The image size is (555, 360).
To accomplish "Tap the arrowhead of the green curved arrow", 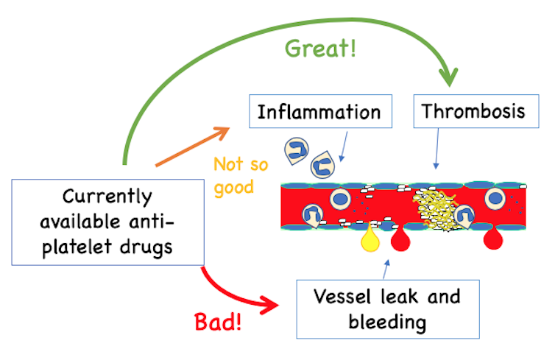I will coord(448,77).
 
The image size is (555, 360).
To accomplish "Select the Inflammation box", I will coord(319,113).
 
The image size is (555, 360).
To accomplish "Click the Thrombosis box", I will coord(473,112).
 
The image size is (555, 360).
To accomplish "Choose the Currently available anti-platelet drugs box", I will coord(107,222).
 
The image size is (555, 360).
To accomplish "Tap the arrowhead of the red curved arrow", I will coord(273,303).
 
